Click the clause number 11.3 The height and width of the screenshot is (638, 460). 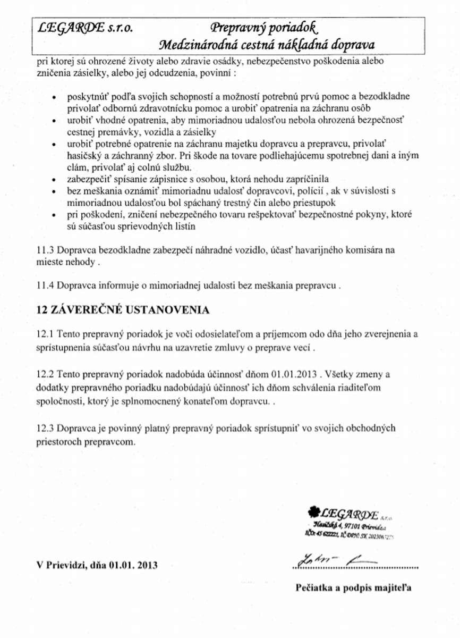pos(45,249)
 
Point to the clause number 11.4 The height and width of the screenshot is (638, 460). pos(45,286)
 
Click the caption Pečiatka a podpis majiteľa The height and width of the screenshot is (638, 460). pos(353,587)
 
